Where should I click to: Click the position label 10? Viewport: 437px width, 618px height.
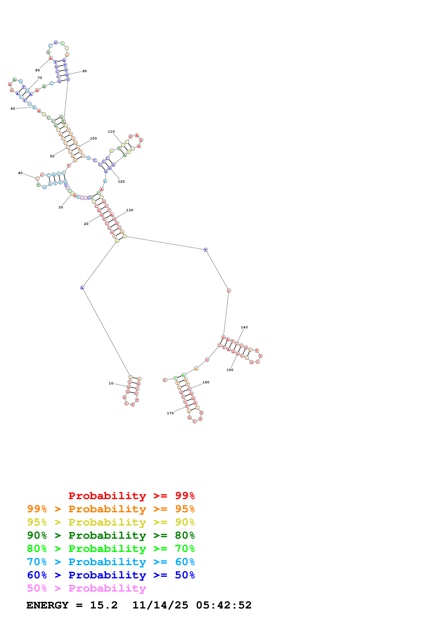coord(111,383)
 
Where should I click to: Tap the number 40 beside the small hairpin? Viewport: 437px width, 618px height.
coord(20,173)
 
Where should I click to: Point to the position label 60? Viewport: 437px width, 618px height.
coord(13,109)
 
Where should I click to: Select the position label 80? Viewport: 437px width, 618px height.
coord(37,70)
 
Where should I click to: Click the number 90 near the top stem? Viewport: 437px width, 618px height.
coord(85,71)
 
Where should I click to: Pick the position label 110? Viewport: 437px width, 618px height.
coord(111,132)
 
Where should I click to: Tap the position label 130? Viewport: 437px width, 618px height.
coord(130,210)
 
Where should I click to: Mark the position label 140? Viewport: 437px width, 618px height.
coord(244,327)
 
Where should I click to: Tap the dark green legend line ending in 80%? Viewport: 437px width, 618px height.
coord(111,535)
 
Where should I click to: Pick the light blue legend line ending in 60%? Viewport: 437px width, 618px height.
coord(111,562)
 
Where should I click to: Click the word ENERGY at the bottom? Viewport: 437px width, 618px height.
coord(47,605)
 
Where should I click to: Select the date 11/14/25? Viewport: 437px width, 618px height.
coord(160,605)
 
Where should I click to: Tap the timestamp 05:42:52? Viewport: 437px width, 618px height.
coord(224,605)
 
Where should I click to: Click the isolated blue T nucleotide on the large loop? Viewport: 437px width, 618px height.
coord(205,250)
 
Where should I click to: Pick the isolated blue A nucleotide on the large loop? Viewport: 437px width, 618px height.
coord(82,288)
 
